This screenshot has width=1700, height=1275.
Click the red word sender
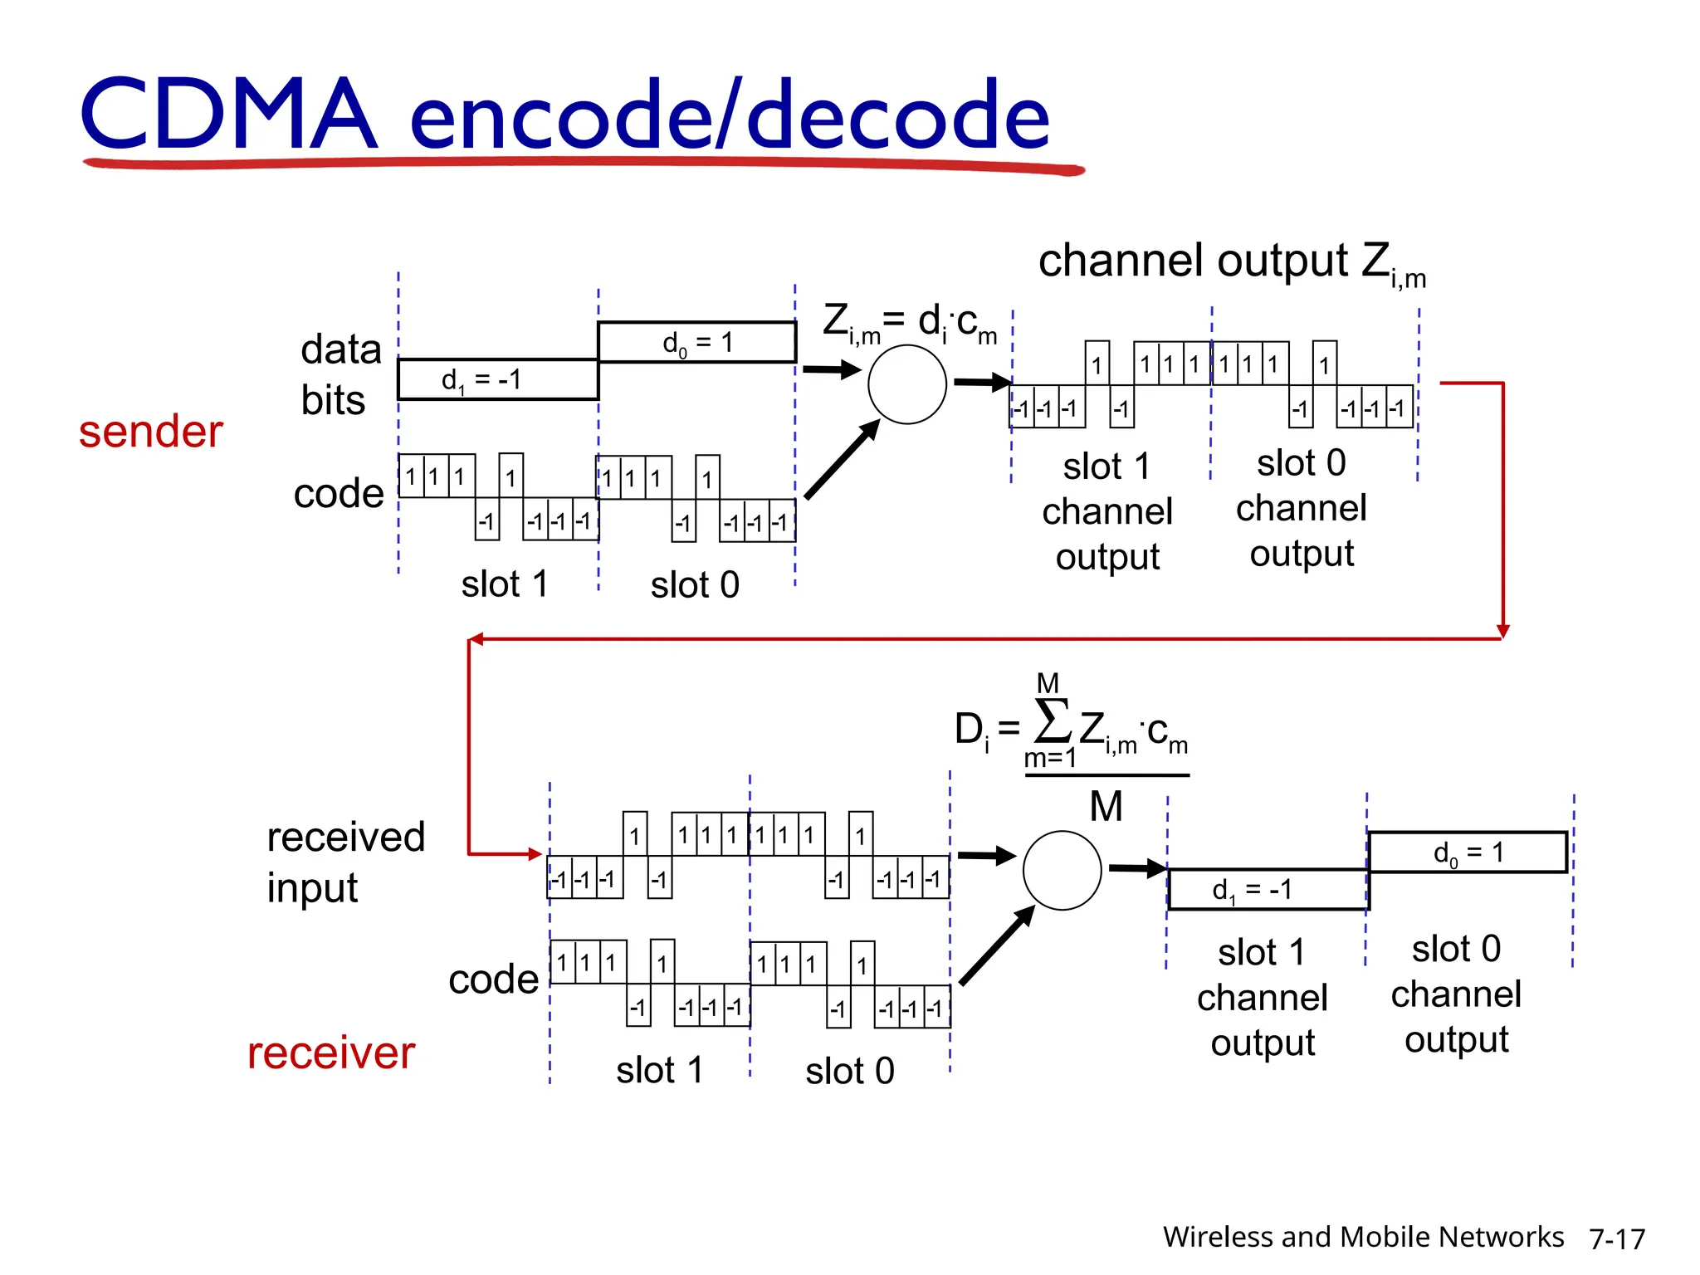[150, 432]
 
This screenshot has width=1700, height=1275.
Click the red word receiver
[330, 1053]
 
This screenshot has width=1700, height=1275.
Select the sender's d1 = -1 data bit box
[498, 380]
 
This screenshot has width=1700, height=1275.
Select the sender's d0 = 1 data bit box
[696, 342]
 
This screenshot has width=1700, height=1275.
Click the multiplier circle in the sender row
[906, 384]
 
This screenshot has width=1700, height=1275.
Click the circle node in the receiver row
[1062, 871]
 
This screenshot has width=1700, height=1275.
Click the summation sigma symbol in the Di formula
[1053, 721]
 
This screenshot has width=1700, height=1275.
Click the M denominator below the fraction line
[1106, 807]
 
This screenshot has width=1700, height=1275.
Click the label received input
[344, 862]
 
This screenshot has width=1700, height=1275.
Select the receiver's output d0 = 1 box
[1468, 852]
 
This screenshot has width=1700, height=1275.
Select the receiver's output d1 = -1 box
[1268, 890]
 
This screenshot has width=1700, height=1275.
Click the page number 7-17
[1616, 1239]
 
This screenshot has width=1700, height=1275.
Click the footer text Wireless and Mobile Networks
[1362, 1237]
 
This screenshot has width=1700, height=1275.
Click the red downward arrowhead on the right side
[1502, 631]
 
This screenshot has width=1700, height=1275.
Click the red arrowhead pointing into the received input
[535, 853]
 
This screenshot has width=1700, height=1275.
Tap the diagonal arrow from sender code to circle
[843, 459]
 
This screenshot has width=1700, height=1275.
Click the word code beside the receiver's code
[493, 980]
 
